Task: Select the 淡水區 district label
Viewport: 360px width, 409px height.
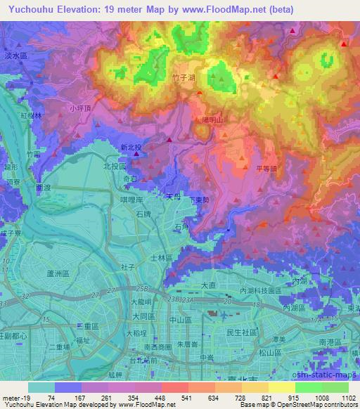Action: click(13, 54)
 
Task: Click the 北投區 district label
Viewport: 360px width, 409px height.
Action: click(114, 167)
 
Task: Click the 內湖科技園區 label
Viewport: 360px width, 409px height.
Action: click(259, 290)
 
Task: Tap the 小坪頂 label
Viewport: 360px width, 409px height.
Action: click(81, 109)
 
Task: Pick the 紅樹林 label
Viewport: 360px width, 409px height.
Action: click(32, 115)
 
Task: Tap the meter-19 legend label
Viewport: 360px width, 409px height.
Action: click(14, 398)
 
